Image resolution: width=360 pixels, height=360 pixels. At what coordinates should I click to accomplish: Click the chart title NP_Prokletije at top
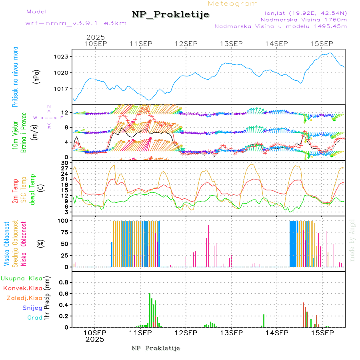click(x=170, y=15)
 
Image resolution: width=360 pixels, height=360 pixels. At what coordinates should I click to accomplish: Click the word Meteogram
click(x=233, y=4)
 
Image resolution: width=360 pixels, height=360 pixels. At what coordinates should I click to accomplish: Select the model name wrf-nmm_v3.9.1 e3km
click(x=76, y=23)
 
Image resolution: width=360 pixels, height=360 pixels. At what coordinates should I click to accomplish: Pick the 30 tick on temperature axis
click(x=64, y=163)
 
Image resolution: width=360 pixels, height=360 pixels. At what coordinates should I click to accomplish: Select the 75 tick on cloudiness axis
click(x=64, y=232)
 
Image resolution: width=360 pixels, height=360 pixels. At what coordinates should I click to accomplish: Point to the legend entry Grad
click(x=35, y=318)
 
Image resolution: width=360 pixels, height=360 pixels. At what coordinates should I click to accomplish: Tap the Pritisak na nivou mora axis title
click(x=15, y=76)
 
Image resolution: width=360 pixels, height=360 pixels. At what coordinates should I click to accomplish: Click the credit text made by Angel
click(x=352, y=240)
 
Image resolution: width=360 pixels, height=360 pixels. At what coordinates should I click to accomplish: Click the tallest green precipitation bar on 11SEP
click(x=150, y=310)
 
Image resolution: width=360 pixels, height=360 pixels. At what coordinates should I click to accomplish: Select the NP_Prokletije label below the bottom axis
click(x=156, y=348)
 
